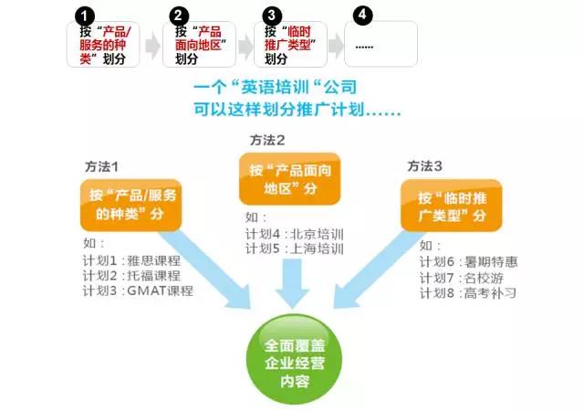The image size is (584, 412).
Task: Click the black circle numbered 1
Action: point(85,16)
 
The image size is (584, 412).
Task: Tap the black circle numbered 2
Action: point(179,16)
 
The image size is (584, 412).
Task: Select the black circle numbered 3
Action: point(272,16)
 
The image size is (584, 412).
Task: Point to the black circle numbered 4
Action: point(362,16)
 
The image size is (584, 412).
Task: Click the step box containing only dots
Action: point(381,44)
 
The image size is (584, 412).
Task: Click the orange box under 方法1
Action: point(131,205)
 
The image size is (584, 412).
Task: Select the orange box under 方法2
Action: point(290,179)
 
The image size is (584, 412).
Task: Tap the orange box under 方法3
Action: point(452,206)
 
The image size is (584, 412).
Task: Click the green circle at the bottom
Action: point(294,360)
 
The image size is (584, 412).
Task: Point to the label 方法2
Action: point(267,141)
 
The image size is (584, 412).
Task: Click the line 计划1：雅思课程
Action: point(131,260)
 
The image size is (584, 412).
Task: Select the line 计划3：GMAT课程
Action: point(138,291)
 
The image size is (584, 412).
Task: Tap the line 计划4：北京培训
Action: point(295,234)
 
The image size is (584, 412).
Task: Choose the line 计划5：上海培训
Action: point(295,248)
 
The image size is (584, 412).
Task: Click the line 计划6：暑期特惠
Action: point(469,262)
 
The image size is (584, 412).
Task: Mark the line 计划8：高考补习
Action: point(468,293)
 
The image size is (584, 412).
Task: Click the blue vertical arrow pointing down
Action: point(292,283)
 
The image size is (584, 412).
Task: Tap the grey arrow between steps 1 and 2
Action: point(152,46)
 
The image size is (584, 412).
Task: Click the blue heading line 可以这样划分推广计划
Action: point(297,110)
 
